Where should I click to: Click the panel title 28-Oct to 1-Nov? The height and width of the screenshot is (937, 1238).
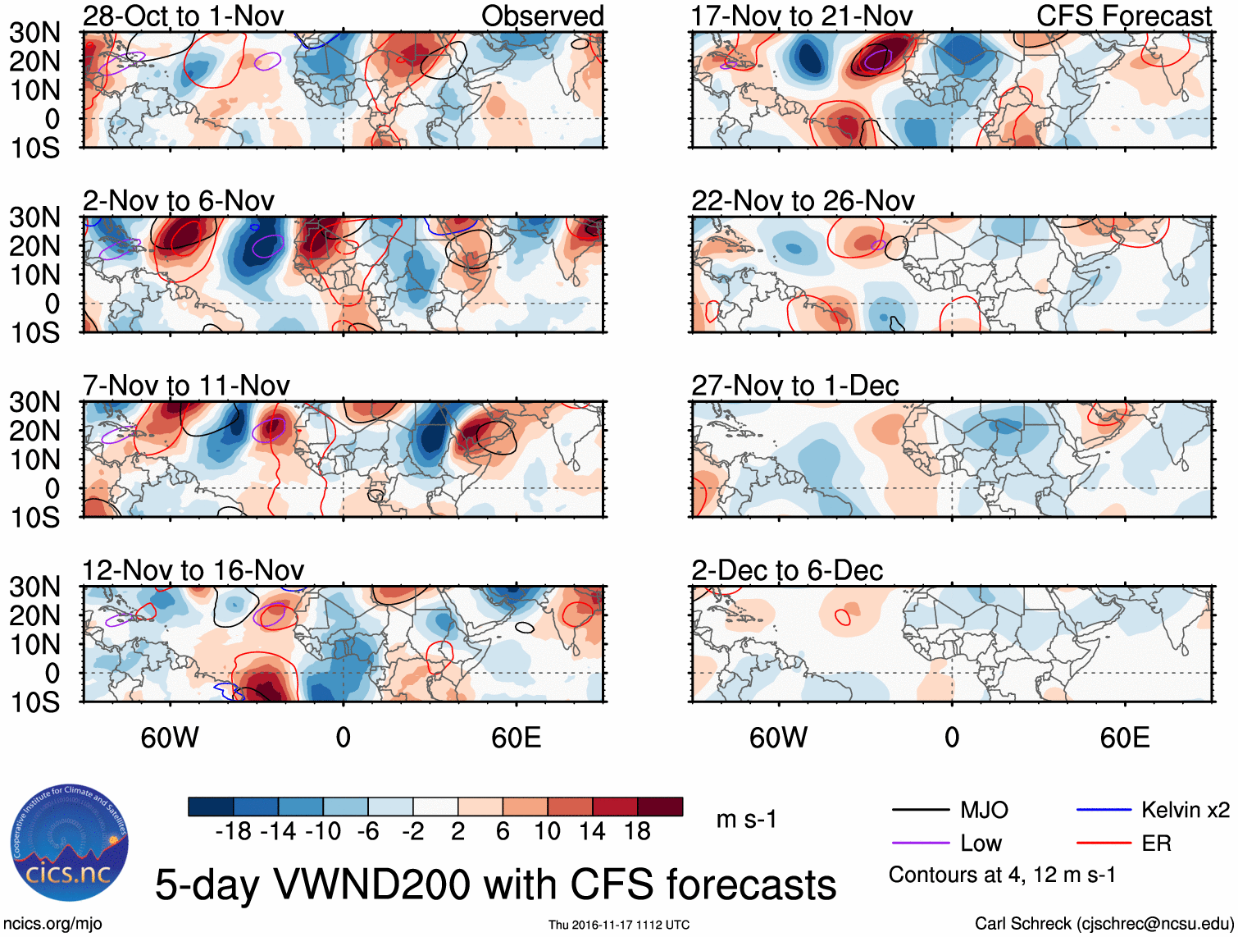183,16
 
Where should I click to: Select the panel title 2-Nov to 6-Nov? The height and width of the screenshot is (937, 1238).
179,201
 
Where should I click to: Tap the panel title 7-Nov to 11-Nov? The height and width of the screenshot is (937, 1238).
186,386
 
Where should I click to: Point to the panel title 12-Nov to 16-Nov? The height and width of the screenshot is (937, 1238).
193,570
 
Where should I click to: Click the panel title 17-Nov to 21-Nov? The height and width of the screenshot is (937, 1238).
802,16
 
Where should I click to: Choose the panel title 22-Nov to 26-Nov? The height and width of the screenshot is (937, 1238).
803,201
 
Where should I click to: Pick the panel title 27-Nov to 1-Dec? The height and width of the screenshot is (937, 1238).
795,386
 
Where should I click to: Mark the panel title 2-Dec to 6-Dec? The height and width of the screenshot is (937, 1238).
787,570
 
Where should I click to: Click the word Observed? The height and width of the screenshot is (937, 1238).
543,16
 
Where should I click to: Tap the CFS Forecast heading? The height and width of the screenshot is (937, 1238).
1124,16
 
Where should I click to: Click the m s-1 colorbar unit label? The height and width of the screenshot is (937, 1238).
746,820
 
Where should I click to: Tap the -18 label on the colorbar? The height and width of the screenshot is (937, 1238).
234,832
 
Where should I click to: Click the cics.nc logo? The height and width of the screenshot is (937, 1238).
69,843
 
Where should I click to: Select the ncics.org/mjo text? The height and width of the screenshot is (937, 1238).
52,924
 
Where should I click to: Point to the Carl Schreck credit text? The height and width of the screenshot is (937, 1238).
1104,924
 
